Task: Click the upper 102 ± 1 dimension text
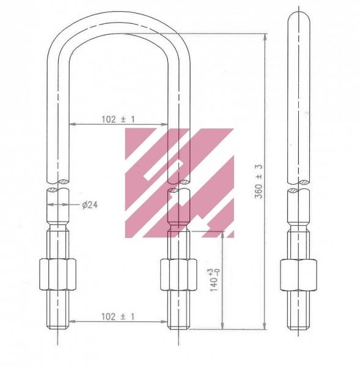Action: pyautogui.click(x=118, y=120)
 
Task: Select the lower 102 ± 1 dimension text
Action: pyautogui.click(x=118, y=316)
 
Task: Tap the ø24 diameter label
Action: pyautogui.click(x=90, y=205)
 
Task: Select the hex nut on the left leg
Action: pyautogui.click(x=59, y=274)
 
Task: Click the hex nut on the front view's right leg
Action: pyautogui.click(x=178, y=274)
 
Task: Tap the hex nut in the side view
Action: pyautogui.click(x=299, y=274)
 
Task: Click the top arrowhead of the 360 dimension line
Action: pyautogui.click(x=265, y=35)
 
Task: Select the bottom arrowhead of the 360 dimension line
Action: pyautogui.click(x=265, y=327)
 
